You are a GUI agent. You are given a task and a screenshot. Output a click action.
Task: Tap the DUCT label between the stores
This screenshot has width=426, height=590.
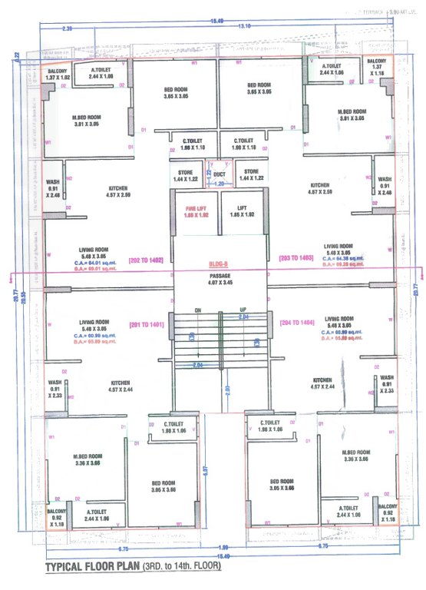click(220, 174)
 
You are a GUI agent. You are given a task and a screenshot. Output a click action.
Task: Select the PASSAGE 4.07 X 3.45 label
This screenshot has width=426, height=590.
click(220, 275)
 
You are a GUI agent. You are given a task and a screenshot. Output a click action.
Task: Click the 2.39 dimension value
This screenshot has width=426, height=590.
click(67, 28)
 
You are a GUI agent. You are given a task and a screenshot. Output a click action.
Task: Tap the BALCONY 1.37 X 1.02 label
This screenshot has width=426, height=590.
click(58, 74)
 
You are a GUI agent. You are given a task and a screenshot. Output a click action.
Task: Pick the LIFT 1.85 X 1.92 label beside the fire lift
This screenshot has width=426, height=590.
click(242, 211)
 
